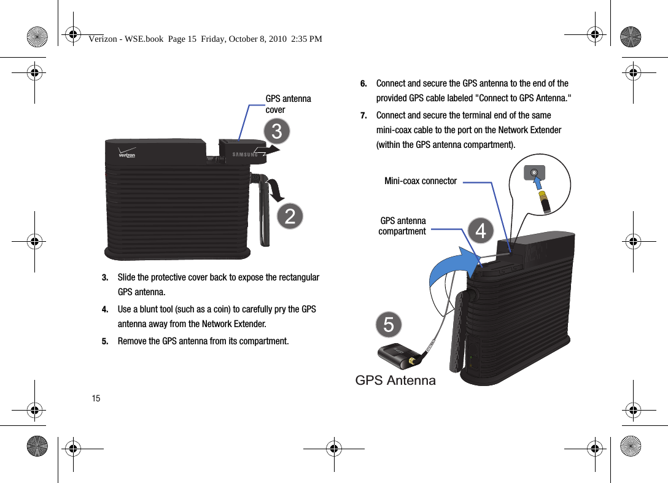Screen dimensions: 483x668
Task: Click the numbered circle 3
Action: tap(277, 131)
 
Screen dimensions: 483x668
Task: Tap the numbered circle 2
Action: tap(290, 216)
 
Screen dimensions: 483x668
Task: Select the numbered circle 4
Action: tap(481, 230)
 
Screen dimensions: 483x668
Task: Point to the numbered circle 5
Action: tap(389, 324)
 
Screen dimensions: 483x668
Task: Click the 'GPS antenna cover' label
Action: tap(288, 104)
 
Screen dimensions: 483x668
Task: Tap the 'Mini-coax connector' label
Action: tap(421, 181)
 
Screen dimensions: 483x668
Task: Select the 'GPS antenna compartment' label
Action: tap(402, 226)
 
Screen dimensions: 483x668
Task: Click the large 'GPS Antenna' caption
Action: tap(395, 381)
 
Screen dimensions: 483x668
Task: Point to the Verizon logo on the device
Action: tap(127, 153)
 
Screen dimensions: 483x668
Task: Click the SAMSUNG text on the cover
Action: tap(245, 154)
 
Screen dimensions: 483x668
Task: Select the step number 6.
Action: tap(363, 83)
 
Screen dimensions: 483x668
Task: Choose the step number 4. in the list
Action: tap(106, 309)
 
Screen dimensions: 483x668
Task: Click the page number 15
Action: tap(96, 399)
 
